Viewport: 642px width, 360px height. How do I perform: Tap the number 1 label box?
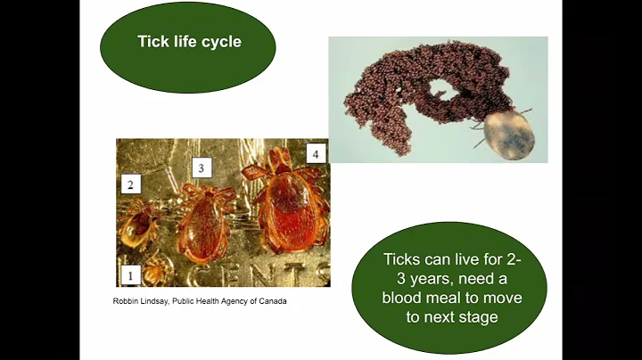tap(130, 275)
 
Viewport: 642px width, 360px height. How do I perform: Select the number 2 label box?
tap(131, 184)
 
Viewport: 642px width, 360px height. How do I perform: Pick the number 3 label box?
tap(202, 168)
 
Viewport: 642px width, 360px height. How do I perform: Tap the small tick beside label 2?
tap(140, 226)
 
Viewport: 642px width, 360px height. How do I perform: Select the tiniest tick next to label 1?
tap(160, 265)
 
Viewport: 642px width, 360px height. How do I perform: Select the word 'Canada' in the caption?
tap(277, 299)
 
